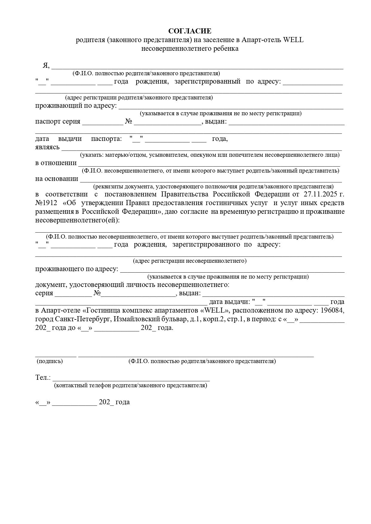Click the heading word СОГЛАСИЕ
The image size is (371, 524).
[190, 31]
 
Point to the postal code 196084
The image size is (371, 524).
[332, 310]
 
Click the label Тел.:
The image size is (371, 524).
[43, 378]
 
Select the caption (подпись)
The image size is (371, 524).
[50, 361]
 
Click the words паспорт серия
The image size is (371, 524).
[58, 122]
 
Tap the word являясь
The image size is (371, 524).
[48, 147]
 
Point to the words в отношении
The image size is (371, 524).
[56, 163]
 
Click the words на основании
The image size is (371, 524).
[57, 179]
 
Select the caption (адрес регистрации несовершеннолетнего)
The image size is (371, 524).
[190, 261]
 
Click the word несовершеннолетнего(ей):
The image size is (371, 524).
[77, 220]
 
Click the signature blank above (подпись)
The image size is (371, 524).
[56, 355]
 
